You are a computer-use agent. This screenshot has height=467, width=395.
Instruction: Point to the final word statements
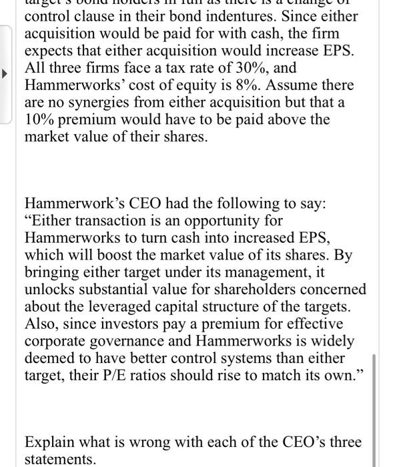59,459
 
